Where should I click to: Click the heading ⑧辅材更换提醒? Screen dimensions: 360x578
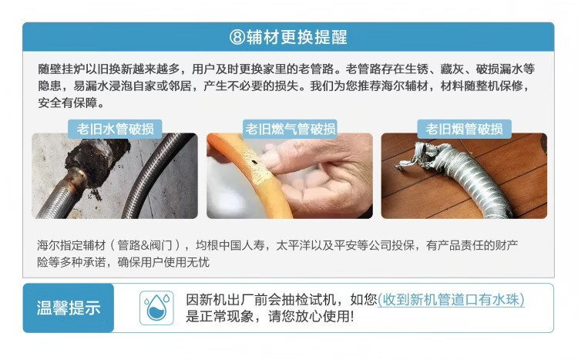click(x=288, y=37)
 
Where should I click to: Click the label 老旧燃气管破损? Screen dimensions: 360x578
click(x=289, y=129)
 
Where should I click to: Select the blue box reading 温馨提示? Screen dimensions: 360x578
click(x=69, y=308)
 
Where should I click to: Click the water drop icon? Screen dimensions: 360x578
click(x=156, y=308)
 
